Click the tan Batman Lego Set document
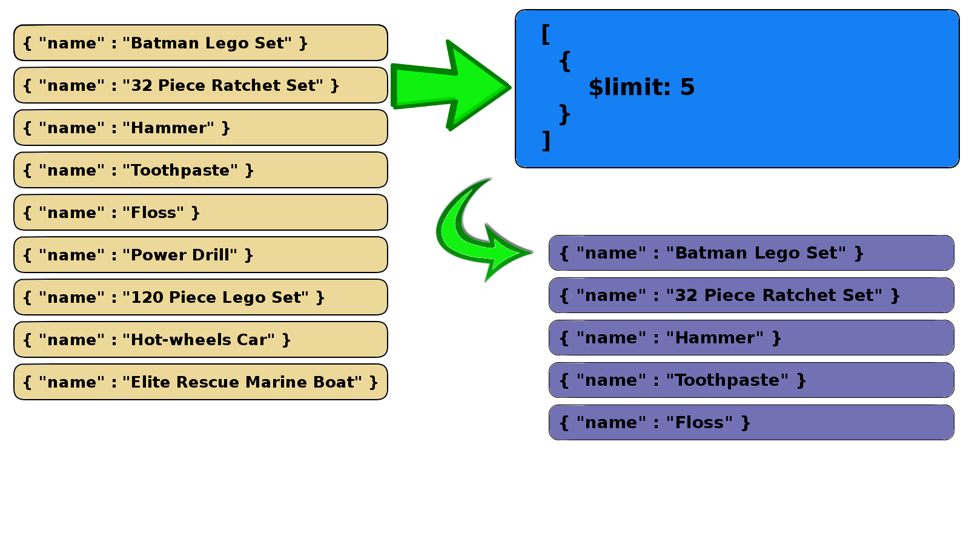(x=200, y=43)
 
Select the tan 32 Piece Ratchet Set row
(x=200, y=85)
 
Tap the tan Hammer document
(x=200, y=128)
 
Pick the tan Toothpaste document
(x=200, y=170)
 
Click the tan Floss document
(x=200, y=213)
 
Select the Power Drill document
(x=200, y=255)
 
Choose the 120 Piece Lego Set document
(x=200, y=297)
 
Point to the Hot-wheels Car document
(x=200, y=340)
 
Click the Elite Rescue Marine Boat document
(x=200, y=382)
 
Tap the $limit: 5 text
(x=641, y=87)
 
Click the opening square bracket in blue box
(x=546, y=35)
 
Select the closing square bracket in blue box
(x=546, y=140)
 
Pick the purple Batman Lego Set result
(x=751, y=253)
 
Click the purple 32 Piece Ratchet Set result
(x=751, y=296)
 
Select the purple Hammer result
(x=751, y=338)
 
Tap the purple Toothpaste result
(x=751, y=380)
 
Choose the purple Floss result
(x=751, y=423)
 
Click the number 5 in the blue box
(x=687, y=87)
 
